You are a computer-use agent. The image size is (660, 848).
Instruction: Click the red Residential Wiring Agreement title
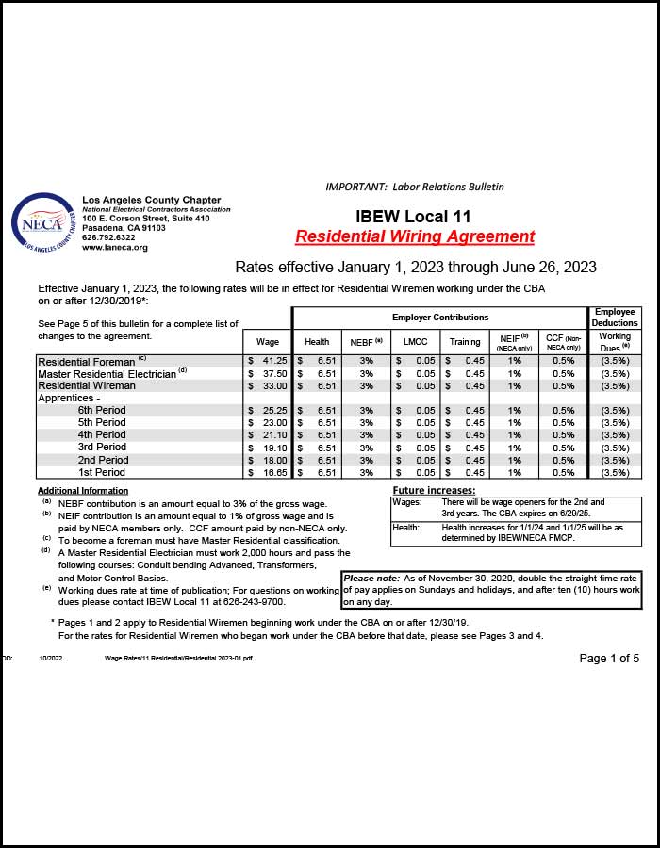point(415,236)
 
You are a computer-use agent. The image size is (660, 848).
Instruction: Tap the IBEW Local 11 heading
point(414,217)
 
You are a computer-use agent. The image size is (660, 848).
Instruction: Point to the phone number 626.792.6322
point(109,237)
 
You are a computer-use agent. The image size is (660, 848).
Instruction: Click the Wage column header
point(268,342)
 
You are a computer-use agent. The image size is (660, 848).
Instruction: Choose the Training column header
point(464,342)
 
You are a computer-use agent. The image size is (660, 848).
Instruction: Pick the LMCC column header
point(415,342)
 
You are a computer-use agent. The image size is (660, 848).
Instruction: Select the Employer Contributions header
point(440,318)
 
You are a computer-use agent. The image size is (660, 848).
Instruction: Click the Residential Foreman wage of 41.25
point(274,361)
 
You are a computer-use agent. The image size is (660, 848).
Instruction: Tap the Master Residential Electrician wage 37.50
point(274,373)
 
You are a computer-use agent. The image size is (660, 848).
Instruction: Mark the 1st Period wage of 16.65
point(274,472)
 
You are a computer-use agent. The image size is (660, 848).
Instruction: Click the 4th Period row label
point(102,435)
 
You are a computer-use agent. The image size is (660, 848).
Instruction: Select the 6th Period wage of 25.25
point(274,411)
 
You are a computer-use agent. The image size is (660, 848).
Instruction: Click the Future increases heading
point(434,491)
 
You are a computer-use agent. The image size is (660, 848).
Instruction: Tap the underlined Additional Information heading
point(83,491)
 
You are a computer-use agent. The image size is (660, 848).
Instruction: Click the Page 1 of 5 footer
point(609,658)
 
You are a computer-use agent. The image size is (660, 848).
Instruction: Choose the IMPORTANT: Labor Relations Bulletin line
point(415,187)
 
